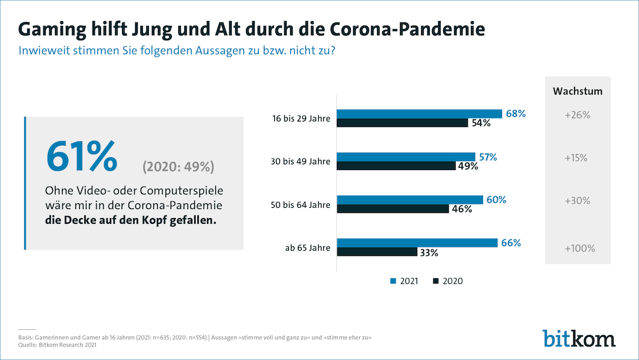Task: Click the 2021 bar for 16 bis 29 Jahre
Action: pos(419,114)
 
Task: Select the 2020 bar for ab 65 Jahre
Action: pos(377,251)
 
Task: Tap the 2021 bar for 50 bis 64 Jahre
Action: pos(410,200)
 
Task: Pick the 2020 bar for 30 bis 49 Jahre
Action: pos(396,166)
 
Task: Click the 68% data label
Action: pos(515,114)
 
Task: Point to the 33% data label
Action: pos(429,253)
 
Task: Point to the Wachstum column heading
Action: pos(577,91)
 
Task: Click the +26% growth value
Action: pos(577,116)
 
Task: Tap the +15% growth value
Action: pos(577,158)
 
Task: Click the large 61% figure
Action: pos(81,157)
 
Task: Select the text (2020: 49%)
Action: pos(178,167)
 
